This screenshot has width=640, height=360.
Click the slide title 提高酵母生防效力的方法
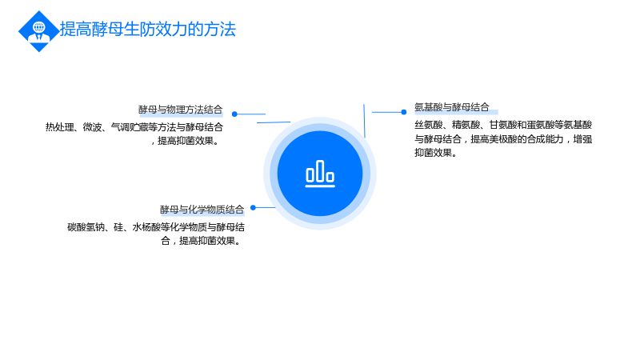(148, 30)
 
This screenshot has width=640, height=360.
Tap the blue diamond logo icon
(38, 31)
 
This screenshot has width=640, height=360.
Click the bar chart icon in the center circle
(320, 174)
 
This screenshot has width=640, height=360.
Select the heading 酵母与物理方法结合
(181, 110)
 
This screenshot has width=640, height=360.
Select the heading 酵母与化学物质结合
(202, 210)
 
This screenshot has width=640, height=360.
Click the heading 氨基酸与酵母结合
(452, 107)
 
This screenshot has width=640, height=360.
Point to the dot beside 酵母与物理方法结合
(234, 114)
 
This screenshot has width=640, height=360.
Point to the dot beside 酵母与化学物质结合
(253, 207)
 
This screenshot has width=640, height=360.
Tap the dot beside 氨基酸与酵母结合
(404, 112)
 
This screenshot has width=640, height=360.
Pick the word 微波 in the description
(92, 127)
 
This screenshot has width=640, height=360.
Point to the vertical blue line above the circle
(364, 121)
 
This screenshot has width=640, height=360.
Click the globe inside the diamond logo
(39, 27)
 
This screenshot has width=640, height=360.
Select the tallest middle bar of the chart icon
(320, 170)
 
